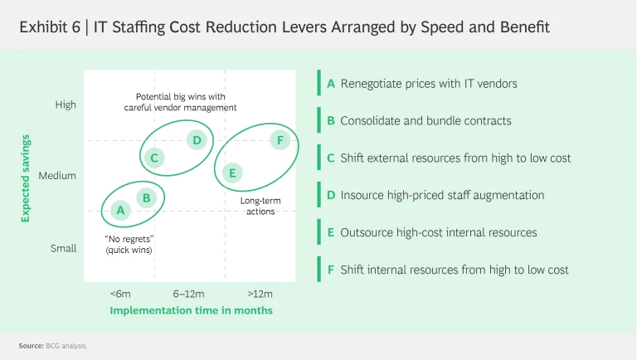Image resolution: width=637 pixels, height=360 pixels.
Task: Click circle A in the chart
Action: (x=121, y=210)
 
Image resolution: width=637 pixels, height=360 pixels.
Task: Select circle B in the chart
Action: (x=146, y=197)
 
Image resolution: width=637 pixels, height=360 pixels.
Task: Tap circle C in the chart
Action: (x=154, y=157)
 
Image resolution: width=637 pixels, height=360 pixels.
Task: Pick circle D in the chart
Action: (x=197, y=139)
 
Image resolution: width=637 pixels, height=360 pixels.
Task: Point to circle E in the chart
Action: (x=233, y=173)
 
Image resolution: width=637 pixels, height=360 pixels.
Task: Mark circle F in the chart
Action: (x=280, y=140)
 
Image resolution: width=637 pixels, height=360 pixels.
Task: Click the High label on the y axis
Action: (x=66, y=105)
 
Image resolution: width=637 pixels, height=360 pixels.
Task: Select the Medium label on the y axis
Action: (x=57, y=176)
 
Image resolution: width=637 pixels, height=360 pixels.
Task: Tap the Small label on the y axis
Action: (x=63, y=248)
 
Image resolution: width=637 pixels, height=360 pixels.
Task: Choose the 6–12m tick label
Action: (x=188, y=294)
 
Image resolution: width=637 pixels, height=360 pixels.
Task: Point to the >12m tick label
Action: (x=260, y=294)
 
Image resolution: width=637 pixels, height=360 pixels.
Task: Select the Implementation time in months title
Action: (x=191, y=310)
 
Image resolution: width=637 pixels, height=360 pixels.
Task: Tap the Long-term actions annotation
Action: (x=260, y=206)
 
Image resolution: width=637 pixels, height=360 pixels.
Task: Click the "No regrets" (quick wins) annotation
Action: (x=129, y=244)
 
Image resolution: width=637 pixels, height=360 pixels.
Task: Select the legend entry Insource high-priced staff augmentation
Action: (x=442, y=195)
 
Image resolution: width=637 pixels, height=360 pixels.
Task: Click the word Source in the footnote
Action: (x=31, y=344)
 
